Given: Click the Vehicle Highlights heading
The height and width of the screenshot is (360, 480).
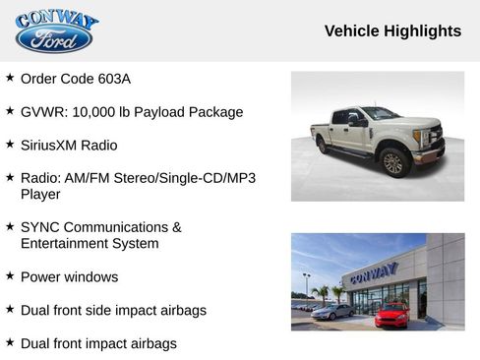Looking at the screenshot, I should [x=392, y=31].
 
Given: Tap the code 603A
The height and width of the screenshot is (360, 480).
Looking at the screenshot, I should [x=114, y=79].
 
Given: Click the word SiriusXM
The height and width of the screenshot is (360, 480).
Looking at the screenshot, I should [x=54, y=146].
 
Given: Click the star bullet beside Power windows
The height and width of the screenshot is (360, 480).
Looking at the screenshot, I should [x=10, y=276].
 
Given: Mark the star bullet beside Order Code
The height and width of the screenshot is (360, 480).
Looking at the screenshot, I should [x=10, y=78].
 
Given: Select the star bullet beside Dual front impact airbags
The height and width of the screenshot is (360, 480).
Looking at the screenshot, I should [x=10, y=343].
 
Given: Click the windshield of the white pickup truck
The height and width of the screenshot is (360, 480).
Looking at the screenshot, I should [x=379, y=114].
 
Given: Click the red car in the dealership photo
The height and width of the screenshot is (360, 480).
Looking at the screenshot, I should [x=390, y=316].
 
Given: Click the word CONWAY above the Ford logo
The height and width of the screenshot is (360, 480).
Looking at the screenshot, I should [x=56, y=19].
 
